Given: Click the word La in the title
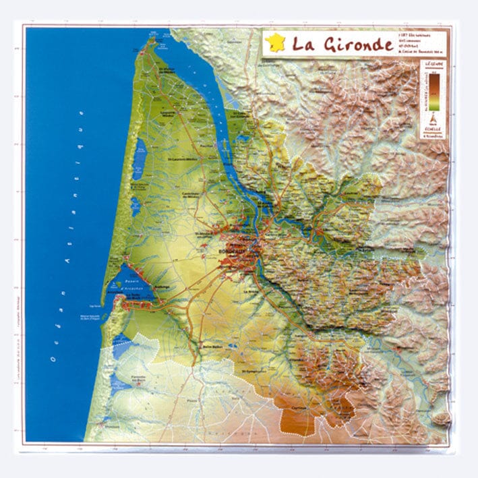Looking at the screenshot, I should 299,44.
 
